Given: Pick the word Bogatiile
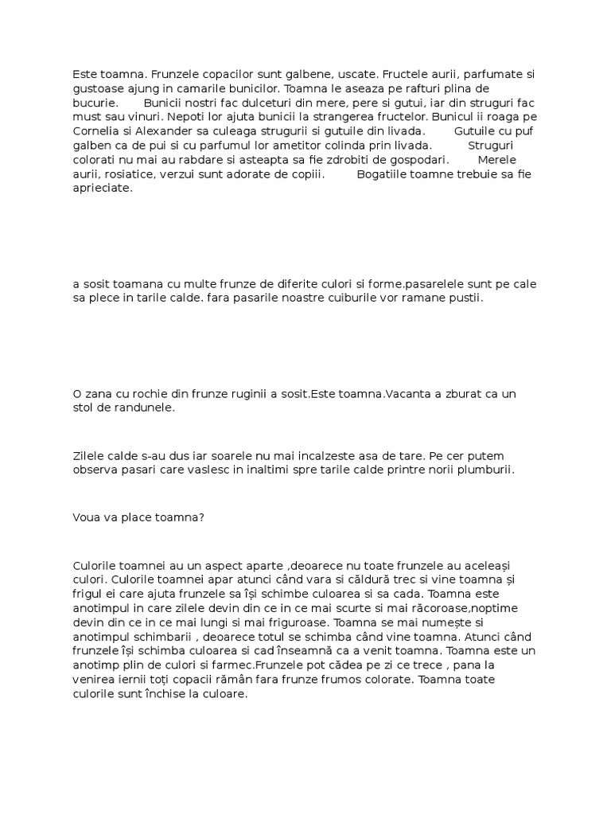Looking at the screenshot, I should tap(384, 174).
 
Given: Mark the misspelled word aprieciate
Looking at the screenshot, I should tap(103, 189).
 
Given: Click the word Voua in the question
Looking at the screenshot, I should tap(88, 517).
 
